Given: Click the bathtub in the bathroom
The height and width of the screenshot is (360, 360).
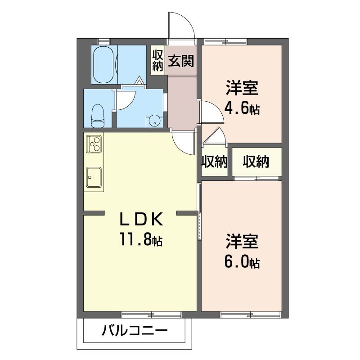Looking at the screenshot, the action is click(x=104, y=65).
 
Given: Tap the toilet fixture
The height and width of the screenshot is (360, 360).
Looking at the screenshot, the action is click(x=98, y=116).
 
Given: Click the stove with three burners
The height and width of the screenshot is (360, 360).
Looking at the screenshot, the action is click(x=94, y=144).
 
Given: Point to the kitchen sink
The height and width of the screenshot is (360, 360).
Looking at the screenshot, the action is click(x=94, y=177).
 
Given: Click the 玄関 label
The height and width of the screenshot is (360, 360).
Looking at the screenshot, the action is click(x=181, y=61).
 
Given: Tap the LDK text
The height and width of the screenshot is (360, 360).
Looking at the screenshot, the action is click(x=141, y=219).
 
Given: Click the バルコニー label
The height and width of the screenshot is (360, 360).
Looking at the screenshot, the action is click(x=135, y=331).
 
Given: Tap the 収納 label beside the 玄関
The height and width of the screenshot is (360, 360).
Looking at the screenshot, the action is click(x=158, y=60).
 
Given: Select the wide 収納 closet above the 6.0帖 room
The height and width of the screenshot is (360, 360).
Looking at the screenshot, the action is click(x=256, y=162).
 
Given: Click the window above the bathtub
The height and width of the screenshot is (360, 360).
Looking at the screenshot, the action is click(x=104, y=41).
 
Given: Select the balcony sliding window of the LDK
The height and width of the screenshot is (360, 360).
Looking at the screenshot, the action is click(x=151, y=315).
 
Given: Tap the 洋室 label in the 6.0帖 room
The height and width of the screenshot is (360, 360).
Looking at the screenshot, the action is click(x=242, y=241).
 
